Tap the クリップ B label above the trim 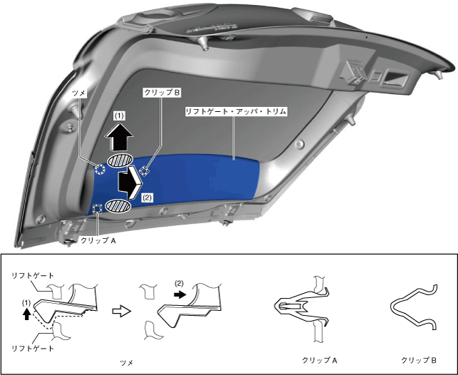tap(161, 93)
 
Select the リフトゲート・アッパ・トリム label tap(235, 112)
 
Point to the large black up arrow tap(118, 135)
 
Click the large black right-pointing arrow tap(131, 181)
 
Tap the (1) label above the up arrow tap(118, 114)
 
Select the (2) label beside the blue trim tap(147, 197)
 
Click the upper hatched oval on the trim tap(119, 160)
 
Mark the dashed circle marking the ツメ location tap(100, 169)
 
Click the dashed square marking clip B tap(145, 170)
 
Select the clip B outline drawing tap(417, 308)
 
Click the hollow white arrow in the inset tap(121, 311)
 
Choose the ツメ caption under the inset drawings tap(127, 363)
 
